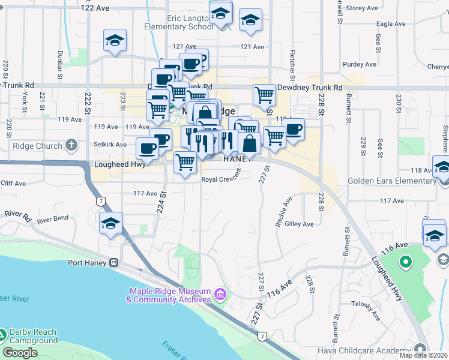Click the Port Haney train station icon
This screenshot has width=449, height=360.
coord(112,262)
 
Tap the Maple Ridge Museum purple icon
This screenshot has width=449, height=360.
coord(220,294)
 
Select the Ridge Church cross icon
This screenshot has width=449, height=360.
coord(71,145)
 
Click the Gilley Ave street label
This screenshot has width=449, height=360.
coord(300,224)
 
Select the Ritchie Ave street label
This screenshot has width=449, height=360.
coord(283,212)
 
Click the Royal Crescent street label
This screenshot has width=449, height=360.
coord(221,179)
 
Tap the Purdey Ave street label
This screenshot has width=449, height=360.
coord(359,64)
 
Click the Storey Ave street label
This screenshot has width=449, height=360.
coord(363,8)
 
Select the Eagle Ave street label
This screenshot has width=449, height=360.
coord(391,24)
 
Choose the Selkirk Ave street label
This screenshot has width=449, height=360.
coord(110,145)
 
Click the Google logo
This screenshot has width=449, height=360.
coord(20,353)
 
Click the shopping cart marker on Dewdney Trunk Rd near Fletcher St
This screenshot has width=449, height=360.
coord(264,95)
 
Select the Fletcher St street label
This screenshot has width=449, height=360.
coord(292,65)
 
